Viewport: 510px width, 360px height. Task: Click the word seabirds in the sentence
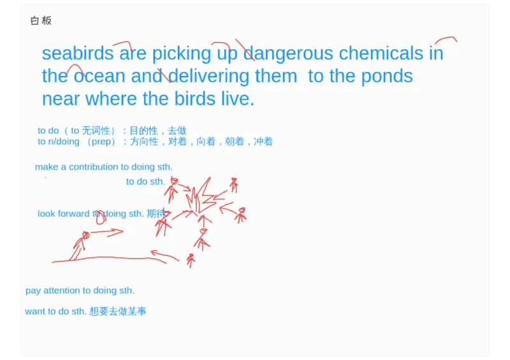(x=77, y=54)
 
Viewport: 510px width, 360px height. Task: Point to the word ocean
(x=99, y=76)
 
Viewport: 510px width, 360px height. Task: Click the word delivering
(x=208, y=76)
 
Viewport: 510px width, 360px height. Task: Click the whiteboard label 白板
(x=41, y=20)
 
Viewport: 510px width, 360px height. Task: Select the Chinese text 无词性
(x=96, y=131)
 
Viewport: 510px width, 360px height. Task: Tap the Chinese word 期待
(x=156, y=213)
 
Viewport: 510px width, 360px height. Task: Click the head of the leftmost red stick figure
(x=85, y=236)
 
